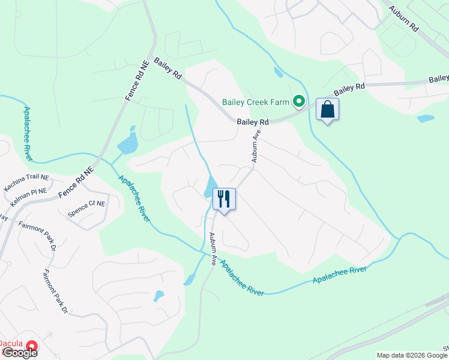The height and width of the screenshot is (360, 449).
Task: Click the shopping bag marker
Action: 327,110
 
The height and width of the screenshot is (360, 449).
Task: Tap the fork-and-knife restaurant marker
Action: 224,199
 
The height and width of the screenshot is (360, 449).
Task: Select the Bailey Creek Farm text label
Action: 256,102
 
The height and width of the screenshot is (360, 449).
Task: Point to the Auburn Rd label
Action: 403,20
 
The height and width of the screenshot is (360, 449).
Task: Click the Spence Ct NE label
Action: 86,204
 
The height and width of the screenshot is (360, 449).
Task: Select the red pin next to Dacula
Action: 31,346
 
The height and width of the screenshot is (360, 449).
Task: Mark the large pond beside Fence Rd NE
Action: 128,145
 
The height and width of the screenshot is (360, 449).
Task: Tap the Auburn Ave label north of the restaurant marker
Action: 256,148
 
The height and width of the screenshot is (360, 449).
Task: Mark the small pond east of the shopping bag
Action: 426,118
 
